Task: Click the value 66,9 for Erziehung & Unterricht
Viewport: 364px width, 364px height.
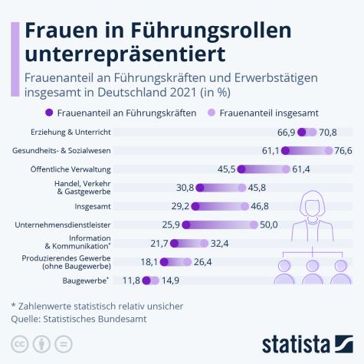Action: click(x=286, y=133)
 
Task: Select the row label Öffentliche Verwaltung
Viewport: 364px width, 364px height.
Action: click(x=81, y=169)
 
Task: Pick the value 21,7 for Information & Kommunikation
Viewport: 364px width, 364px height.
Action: click(x=159, y=243)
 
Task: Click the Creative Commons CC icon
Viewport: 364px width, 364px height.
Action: click(x=17, y=342)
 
